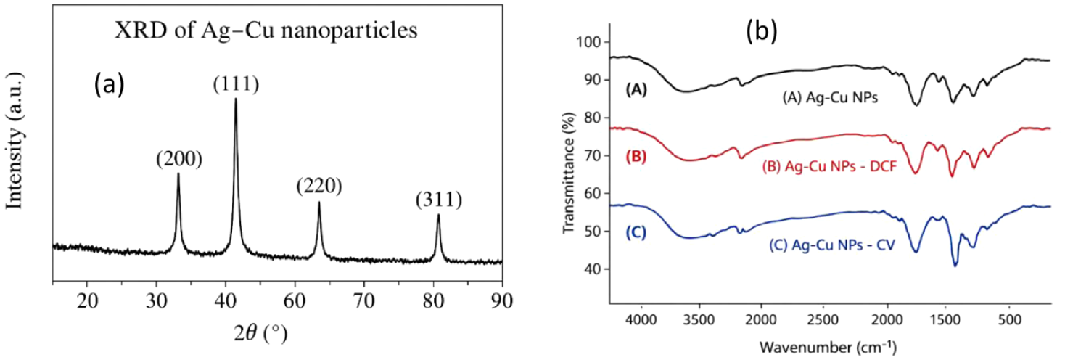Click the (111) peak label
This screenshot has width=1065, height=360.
(236, 85)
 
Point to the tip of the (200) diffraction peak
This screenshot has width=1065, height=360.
(178, 173)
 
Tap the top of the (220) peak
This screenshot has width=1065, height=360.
(319, 202)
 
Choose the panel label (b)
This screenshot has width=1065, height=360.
(762, 30)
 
